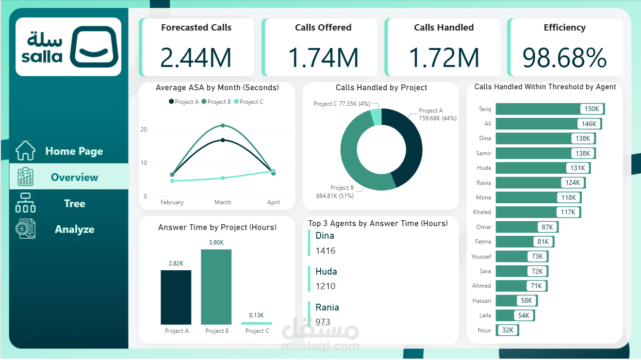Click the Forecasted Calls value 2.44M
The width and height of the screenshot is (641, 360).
point(196,58)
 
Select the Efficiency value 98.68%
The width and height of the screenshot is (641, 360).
point(564,58)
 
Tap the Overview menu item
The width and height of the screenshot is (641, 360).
point(74,177)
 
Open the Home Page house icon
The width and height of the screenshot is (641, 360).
point(25,150)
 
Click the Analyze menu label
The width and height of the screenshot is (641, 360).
point(74,229)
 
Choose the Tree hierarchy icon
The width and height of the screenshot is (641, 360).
point(25,203)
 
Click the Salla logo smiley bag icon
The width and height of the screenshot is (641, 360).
point(94,47)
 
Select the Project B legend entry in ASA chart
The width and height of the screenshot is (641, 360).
point(216,102)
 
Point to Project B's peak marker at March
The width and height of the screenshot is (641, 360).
point(223,126)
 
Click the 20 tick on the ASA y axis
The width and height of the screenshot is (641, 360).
point(144,130)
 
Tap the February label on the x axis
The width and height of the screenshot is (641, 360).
point(172,202)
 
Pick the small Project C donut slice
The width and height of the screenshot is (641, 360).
point(376,117)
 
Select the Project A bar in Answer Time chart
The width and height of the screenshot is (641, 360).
point(176,297)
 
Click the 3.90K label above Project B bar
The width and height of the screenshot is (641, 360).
point(216,242)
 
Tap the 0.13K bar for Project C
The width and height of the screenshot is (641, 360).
point(256,323)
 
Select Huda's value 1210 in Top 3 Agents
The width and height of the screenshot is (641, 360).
point(325,286)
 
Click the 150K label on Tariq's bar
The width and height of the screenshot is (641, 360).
point(592,109)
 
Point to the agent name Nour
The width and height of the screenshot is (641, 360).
point(484,330)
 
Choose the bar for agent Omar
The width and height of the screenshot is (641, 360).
point(517,227)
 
